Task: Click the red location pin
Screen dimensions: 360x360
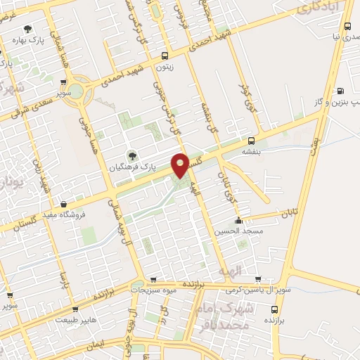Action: [181, 166]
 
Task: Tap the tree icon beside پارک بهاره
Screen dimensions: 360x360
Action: [27, 29]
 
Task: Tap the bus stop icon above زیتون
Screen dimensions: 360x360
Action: [165, 56]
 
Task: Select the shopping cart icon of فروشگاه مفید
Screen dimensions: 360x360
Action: [64, 205]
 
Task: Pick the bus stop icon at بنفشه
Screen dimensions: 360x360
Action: [251, 141]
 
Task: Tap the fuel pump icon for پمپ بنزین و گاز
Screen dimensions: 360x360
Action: [341, 91]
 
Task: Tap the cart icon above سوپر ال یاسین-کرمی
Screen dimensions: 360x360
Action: [257, 278]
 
